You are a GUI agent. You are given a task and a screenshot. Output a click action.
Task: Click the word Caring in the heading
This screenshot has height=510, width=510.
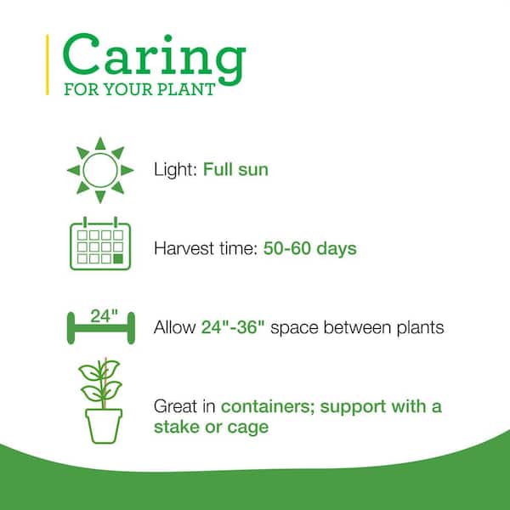154,59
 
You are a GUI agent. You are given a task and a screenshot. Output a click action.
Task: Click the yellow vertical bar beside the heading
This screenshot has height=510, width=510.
48,65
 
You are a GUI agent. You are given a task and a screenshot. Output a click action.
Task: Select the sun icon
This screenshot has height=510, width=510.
100,170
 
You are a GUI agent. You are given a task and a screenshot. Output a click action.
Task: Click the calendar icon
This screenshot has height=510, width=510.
100,243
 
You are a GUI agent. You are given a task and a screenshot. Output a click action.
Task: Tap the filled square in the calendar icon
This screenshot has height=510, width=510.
118,259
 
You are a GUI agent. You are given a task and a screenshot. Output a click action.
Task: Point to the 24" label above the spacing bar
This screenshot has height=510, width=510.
104,316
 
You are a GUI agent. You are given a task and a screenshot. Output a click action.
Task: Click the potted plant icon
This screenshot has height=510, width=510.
101,400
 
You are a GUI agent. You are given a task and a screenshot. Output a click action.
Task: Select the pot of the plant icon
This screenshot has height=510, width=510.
104,426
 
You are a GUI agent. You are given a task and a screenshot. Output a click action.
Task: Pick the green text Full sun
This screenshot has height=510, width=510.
235,170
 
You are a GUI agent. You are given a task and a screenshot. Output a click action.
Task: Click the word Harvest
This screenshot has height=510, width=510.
184,248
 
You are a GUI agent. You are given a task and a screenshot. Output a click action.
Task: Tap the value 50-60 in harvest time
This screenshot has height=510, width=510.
287,248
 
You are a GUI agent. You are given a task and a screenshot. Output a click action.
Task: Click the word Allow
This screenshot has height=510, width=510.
174,327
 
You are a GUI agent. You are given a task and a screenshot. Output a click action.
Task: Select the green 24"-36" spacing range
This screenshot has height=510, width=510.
233,327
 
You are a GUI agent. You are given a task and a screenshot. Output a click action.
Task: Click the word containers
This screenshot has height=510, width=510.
268,407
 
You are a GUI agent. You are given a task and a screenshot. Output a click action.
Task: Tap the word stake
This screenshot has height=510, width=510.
177,427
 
